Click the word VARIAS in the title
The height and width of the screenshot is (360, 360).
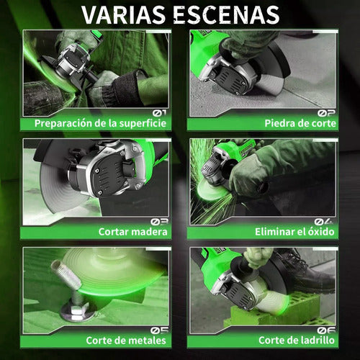(x=123, y=14)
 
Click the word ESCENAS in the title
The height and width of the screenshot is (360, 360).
(x=226, y=14)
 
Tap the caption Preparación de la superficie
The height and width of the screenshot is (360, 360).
(x=100, y=123)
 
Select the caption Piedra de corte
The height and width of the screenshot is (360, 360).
(x=300, y=123)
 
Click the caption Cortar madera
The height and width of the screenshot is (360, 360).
(x=132, y=232)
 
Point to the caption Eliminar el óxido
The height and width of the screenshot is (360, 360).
(x=294, y=232)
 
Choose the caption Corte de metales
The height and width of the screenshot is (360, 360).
(x=126, y=341)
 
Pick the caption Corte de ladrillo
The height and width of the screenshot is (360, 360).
(x=297, y=341)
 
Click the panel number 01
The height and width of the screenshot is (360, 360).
(x=159, y=112)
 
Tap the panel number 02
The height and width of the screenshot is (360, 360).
(x=326, y=113)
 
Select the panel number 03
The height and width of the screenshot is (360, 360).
(x=160, y=222)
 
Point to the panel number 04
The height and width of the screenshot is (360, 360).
(x=324, y=221)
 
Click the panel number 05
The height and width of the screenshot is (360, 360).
(x=160, y=330)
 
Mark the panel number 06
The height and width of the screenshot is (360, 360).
(x=326, y=330)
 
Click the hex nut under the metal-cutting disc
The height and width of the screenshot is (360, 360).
(x=76, y=312)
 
